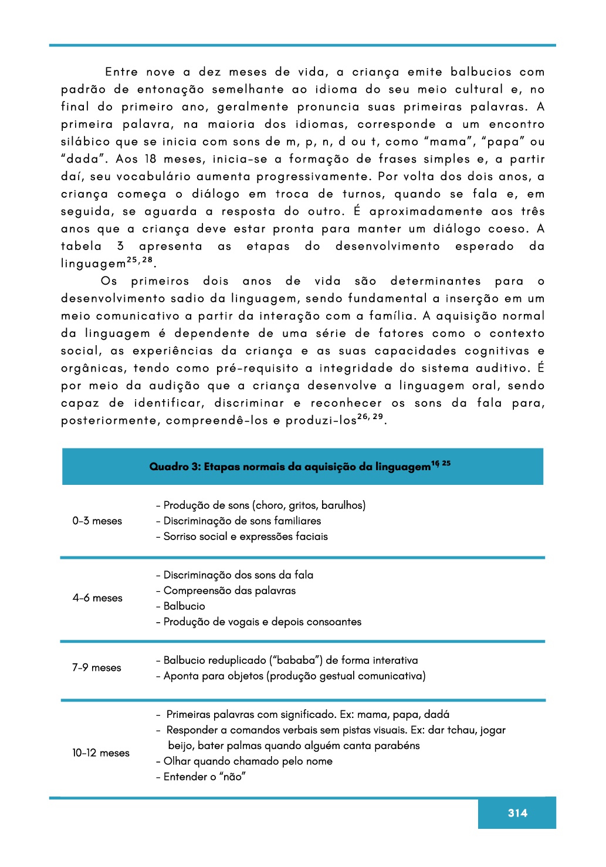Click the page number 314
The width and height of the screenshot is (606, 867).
pyautogui.click(x=517, y=813)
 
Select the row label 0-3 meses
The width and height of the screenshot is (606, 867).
pyautogui.click(x=97, y=521)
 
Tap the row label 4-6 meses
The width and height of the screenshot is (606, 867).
pyautogui.click(x=97, y=598)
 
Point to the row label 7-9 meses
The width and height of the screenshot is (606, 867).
pyautogui.click(x=97, y=668)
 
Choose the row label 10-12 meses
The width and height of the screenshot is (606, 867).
pyautogui.click(x=101, y=753)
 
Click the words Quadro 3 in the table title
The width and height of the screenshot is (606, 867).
pyautogui.click(x=174, y=467)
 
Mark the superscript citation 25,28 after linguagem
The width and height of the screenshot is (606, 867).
pyautogui.click(x=140, y=260)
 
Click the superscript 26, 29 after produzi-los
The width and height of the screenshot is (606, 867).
pyautogui.click(x=370, y=417)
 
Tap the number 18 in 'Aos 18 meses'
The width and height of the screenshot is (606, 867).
pyautogui.click(x=151, y=159)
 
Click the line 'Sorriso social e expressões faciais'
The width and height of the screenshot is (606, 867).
pyautogui.click(x=245, y=537)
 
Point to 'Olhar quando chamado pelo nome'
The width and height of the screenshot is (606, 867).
pyautogui.click(x=248, y=761)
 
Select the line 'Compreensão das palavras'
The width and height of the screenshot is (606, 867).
pyautogui.click(x=229, y=591)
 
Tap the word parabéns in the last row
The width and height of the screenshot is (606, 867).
pyautogui.click(x=400, y=745)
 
